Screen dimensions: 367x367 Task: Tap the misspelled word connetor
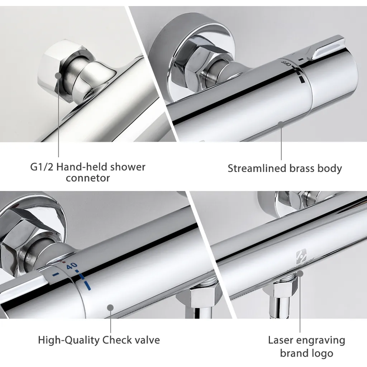pyautogui.click(x=88, y=178)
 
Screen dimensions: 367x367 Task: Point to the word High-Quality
pyautogui.click(x=68, y=340)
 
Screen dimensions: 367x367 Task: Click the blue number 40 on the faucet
pyautogui.click(x=72, y=266)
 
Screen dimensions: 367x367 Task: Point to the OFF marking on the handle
pyautogui.click(x=286, y=63)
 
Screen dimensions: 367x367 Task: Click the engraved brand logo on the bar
pyautogui.click(x=301, y=256)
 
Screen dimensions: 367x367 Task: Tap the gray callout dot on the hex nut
pyautogui.click(x=58, y=76)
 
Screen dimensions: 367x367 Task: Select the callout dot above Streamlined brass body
pyautogui.click(x=281, y=124)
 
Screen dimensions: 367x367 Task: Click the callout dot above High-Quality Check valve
pyautogui.click(x=110, y=308)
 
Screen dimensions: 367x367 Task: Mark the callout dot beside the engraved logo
pyautogui.click(x=300, y=273)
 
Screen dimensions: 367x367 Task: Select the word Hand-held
pyautogui.click(x=82, y=167)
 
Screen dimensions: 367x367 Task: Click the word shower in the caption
pyautogui.click(x=128, y=167)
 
